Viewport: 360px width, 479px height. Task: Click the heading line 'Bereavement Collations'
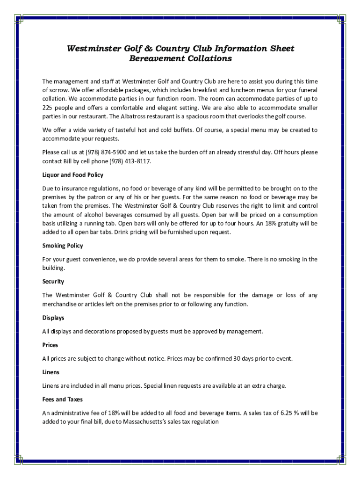(180, 59)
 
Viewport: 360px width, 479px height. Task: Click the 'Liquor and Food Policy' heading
(72, 175)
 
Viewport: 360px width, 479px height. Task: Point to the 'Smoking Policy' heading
(63, 246)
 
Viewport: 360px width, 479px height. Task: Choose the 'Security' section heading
(53, 282)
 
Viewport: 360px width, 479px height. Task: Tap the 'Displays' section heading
(53, 318)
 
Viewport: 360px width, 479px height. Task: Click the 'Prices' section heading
(50, 345)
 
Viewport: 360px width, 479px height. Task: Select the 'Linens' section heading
(50, 372)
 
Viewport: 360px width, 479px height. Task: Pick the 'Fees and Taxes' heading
(62, 399)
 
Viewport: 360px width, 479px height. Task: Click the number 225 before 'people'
(48, 108)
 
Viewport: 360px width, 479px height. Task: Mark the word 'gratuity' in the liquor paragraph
(282, 224)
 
